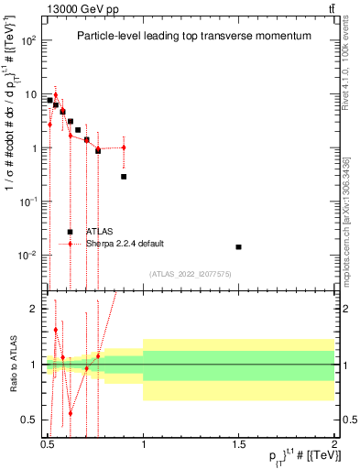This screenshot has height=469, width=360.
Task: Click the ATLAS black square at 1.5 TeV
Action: [238, 246]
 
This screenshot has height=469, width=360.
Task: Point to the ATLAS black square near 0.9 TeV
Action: [124, 176]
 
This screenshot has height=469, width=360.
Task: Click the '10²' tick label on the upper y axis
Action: [29, 41]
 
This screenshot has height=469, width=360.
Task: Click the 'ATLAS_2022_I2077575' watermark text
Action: [191, 273]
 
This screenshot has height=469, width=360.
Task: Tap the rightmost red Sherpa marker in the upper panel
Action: [124, 147]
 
